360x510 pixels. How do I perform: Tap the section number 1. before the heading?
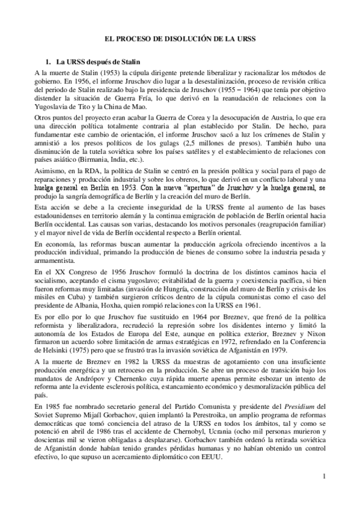pos(49,61)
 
